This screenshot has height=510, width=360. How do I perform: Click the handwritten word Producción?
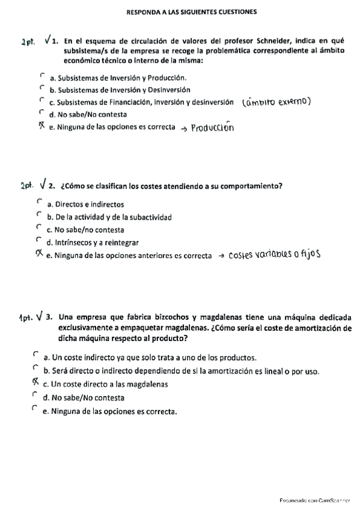212,127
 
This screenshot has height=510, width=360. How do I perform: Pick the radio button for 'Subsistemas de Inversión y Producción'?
41,76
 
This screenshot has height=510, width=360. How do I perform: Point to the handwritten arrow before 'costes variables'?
221,256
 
